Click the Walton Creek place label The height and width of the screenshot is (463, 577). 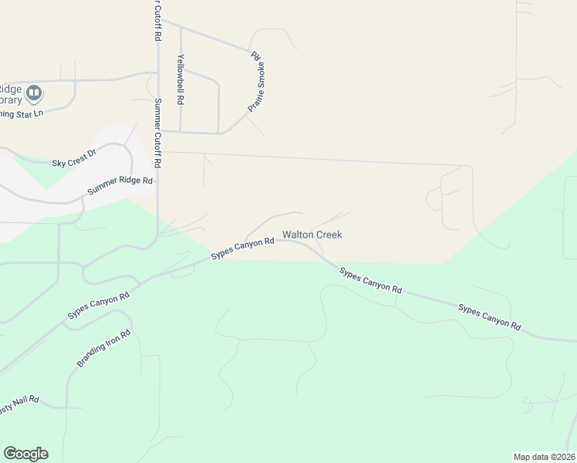pos(312,235)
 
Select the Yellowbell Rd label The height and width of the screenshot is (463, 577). pos(180,79)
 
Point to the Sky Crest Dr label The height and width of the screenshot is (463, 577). pos(73,159)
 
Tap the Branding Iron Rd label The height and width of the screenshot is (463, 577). pos(104,349)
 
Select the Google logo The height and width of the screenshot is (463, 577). pos(25,454)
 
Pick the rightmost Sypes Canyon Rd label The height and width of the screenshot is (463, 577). pos(490,316)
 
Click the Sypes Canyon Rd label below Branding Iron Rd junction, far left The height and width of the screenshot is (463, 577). pos(98,304)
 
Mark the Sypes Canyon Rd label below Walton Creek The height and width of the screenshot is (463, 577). pos(371,279)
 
